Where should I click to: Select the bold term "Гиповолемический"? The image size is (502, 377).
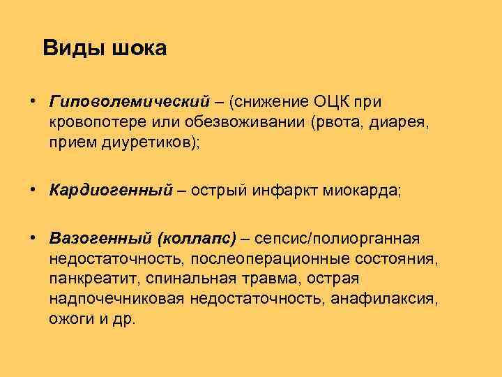(x=130, y=102)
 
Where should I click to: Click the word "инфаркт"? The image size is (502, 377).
(x=286, y=190)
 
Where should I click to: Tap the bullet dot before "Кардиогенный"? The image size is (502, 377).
(x=33, y=189)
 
